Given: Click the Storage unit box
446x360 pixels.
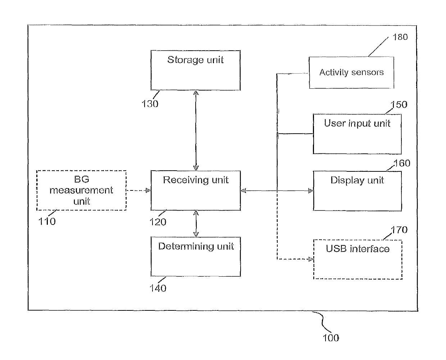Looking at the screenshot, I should pyautogui.click(x=195, y=70).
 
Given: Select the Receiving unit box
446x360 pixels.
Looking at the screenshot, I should pyautogui.click(x=195, y=190).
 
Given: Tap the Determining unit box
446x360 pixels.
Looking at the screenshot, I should pyautogui.click(x=195, y=257).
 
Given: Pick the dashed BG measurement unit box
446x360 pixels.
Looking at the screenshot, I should pyautogui.click(x=82, y=190).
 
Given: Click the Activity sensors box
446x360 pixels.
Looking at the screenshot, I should pyautogui.click(x=351, y=73).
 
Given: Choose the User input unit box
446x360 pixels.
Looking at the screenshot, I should pyautogui.click(x=357, y=134).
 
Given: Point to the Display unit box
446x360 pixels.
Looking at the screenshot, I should pyautogui.click(x=357, y=191).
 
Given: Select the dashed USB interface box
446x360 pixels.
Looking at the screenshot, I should pyautogui.click(x=358, y=259).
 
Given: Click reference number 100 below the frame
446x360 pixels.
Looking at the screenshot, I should pyautogui.click(x=331, y=338).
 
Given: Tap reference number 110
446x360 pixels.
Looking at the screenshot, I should pyautogui.click(x=47, y=221).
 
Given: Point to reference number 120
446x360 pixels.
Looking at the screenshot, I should pyautogui.click(x=158, y=222).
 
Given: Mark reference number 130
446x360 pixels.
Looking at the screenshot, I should pyautogui.click(x=150, y=104).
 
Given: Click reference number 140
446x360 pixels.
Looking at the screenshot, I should pyautogui.click(x=158, y=288).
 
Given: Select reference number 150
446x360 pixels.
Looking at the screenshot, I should pyautogui.click(x=399, y=105).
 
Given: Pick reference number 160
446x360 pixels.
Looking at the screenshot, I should pyautogui.click(x=402, y=163).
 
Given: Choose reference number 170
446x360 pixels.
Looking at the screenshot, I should pyautogui.click(x=399, y=230).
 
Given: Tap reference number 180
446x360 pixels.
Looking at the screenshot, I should pyautogui.click(x=400, y=37).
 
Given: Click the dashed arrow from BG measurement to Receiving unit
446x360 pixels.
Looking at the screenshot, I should pyautogui.click(x=138, y=190).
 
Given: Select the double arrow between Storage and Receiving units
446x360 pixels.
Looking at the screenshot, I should pyautogui.click(x=196, y=130).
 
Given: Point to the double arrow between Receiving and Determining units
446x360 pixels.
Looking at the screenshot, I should pyautogui.click(x=196, y=223).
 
